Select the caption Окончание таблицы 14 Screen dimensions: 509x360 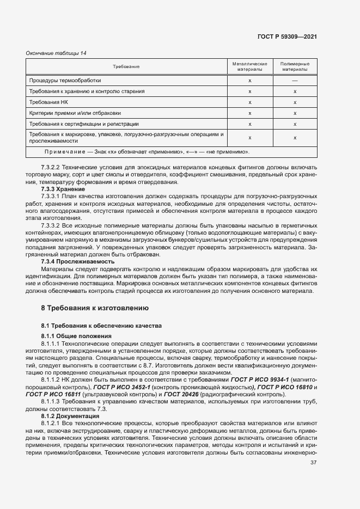click(x=57, y=53)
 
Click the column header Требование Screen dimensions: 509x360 click(x=126, y=66)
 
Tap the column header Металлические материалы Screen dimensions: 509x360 click(x=249, y=66)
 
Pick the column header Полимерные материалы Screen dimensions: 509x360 click(x=295, y=66)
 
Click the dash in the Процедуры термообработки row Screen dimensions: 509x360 click(x=295, y=81)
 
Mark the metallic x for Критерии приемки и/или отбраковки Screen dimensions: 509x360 click(x=249, y=113)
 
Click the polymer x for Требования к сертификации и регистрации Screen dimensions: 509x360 click(x=295, y=124)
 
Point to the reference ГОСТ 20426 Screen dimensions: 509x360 click(x=180, y=394)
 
